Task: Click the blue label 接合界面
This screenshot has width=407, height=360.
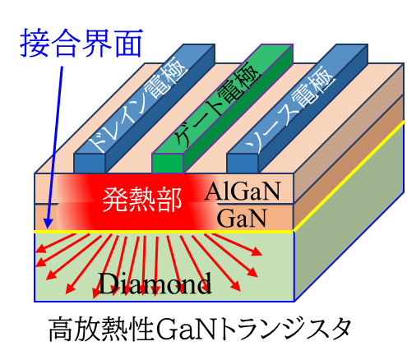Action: coord(81,43)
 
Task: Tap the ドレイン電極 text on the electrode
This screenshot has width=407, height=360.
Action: coord(139,104)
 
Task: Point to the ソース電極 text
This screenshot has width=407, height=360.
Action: coord(291,109)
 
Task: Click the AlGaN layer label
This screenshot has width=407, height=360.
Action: coord(243,191)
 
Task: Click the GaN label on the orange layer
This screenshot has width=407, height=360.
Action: coord(242,218)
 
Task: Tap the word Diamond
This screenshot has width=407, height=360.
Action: coord(155,284)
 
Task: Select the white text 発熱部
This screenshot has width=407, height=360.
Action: coord(142,200)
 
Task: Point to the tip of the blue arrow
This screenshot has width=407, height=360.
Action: coord(48,228)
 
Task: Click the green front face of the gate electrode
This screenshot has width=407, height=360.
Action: coord(168,164)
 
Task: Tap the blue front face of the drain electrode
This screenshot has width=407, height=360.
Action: coord(90,164)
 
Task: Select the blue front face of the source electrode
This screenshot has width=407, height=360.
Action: coord(243,164)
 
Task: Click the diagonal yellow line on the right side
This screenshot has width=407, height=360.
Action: coord(349,177)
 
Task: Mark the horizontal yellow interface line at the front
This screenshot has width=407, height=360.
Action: coord(164,232)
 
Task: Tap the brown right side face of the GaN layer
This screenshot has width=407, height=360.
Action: coord(349,163)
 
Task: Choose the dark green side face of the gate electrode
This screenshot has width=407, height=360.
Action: coord(238,109)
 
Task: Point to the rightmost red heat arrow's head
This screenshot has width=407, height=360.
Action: coord(257,252)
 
